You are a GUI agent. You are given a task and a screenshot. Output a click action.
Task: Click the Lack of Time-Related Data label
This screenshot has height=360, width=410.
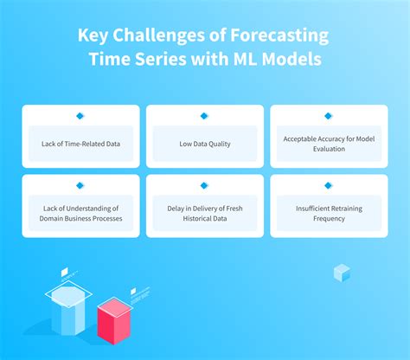click(80, 143)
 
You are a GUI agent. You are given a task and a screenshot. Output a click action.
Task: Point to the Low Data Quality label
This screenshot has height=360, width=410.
click(204, 143)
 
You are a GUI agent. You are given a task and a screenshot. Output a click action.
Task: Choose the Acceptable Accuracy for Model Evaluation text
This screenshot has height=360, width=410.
click(328, 143)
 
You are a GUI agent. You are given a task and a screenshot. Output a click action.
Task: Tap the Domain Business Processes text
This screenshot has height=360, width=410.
click(80, 218)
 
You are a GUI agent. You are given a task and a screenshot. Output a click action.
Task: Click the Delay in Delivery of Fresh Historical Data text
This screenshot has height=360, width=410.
click(204, 213)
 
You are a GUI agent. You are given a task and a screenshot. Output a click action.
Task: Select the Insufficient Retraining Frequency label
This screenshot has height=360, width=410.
click(328, 213)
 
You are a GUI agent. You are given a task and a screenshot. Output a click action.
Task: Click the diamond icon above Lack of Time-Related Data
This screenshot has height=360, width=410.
click(80, 116)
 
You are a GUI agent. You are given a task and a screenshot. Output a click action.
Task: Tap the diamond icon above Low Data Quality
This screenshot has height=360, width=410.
click(204, 116)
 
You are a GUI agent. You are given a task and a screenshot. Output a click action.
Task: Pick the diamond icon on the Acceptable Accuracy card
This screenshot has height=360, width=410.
click(328, 116)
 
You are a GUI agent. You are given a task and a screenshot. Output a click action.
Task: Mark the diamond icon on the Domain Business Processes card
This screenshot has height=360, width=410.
click(80, 185)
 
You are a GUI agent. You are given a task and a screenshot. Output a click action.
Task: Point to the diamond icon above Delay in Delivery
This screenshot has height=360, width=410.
click(204, 185)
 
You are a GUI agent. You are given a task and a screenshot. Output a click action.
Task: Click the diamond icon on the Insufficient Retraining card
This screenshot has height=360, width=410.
click(328, 185)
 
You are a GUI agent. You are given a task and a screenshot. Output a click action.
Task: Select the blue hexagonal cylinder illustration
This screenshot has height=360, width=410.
click(68, 311)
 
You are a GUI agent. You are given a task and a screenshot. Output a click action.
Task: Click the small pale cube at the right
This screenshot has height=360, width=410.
click(342, 273)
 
